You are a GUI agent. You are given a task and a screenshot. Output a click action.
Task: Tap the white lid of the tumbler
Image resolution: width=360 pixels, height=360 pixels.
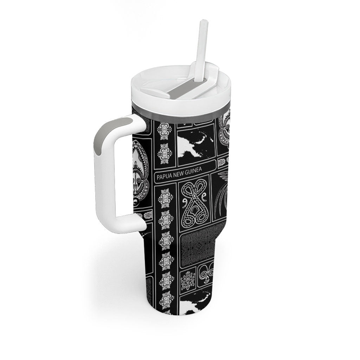click(181, 92)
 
